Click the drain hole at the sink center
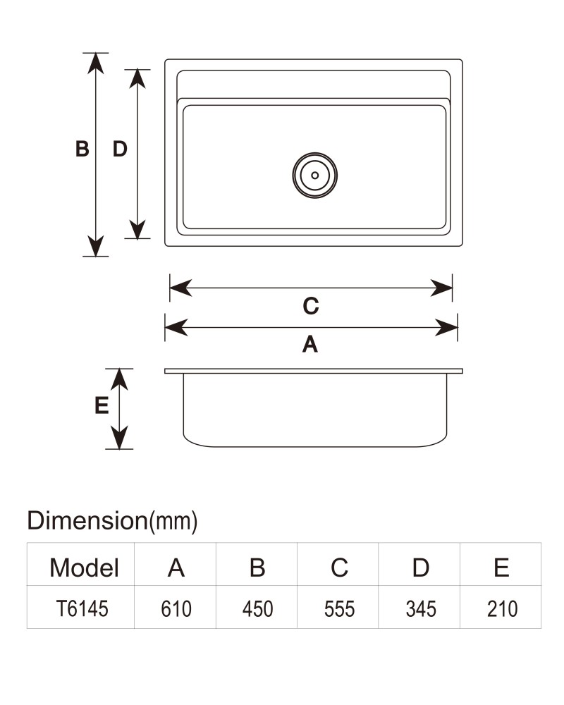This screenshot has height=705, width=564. (315, 176)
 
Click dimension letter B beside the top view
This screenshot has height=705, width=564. (82, 149)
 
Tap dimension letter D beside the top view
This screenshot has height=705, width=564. (120, 149)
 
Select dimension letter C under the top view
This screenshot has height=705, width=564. (311, 306)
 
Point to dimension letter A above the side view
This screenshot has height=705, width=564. (310, 345)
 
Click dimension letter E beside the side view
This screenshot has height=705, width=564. (102, 405)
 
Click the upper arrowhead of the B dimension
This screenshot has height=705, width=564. (96, 63)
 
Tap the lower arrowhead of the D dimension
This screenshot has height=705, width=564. (137, 228)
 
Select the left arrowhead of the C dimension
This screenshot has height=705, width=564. (180, 288)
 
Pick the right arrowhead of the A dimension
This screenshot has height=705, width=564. (446, 327)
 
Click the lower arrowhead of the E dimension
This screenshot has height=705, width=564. (119, 438)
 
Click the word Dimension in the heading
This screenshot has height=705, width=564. (87, 521)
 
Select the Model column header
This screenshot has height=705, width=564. (84, 568)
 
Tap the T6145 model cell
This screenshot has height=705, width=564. (82, 609)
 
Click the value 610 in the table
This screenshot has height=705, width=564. (176, 609)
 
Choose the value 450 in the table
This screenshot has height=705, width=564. (258, 609)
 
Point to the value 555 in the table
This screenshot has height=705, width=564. (340, 609)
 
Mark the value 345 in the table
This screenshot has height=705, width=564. (421, 609)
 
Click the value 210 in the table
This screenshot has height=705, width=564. (503, 609)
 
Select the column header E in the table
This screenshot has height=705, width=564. (501, 568)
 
